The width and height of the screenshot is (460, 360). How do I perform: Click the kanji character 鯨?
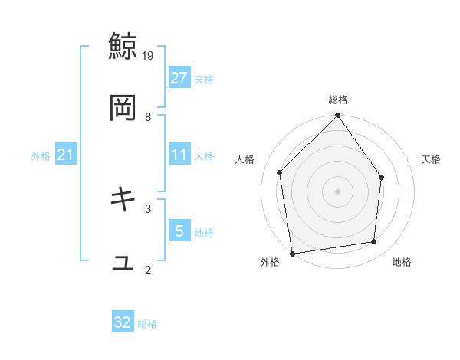pyautogui.click(x=123, y=45)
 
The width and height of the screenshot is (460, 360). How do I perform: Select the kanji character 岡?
pyautogui.click(x=123, y=108)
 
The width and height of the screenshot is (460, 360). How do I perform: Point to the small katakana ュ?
pyautogui.click(x=123, y=263)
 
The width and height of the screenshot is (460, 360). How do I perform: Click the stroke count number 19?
pyautogui.click(x=149, y=55)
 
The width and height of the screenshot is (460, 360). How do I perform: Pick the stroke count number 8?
pyautogui.click(x=148, y=117)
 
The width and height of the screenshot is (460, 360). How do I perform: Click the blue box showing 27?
pyautogui.click(x=179, y=78)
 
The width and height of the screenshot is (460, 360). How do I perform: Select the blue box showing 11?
pyautogui.click(x=179, y=155)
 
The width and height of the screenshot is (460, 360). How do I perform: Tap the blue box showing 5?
pyautogui.click(x=179, y=231)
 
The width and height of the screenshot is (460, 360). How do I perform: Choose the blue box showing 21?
pyautogui.click(x=66, y=155)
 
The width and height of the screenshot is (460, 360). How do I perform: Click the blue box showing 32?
pyautogui.click(x=123, y=322)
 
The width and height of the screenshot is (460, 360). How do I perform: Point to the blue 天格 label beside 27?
pyautogui.click(x=204, y=79)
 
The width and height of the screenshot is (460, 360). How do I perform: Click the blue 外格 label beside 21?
pyautogui.click(x=41, y=156)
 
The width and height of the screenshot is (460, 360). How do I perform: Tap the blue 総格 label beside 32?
pyautogui.click(x=147, y=324)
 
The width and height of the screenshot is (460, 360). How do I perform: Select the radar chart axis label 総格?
pyautogui.click(x=338, y=100)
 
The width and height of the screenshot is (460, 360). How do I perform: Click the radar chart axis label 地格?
pyautogui.click(x=402, y=263)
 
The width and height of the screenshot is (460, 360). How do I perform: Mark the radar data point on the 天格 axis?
pyautogui.click(x=382, y=177)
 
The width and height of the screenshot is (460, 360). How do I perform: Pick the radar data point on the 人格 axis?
pyautogui.click(x=280, y=172)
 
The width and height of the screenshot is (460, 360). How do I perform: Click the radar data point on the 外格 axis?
pyautogui.click(x=292, y=253)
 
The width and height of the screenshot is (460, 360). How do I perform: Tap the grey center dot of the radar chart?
pyautogui.click(x=338, y=191)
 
